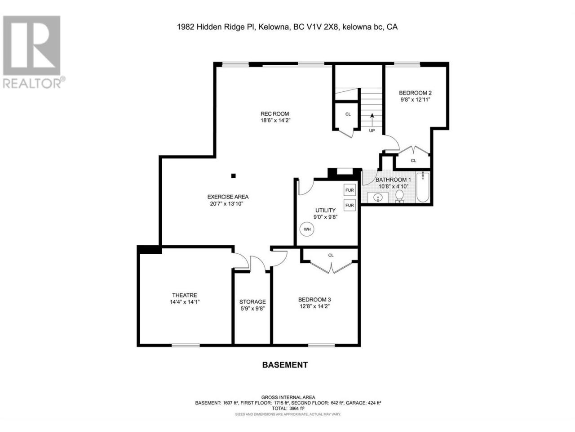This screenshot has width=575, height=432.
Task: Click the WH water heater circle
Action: coord(307,229)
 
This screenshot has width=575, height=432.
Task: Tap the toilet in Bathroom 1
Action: coord(399,196)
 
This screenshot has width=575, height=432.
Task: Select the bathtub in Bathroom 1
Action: coord(423,187)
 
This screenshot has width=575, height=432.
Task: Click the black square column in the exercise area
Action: coord(233,176)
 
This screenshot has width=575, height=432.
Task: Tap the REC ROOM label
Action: coord(274,114)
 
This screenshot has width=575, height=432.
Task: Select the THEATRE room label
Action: coord(185,295)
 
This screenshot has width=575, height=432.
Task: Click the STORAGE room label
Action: coord(252,302)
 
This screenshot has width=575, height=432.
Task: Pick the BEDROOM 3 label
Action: coord(314,300)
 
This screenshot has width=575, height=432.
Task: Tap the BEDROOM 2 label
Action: coord(415,93)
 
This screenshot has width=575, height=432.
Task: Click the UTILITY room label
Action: coord(325,210)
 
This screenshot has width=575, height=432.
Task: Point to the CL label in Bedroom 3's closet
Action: coord(331,255)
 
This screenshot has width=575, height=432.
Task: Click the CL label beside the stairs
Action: coord(348,114)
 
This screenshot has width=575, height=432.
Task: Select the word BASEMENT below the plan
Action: coord(285,365)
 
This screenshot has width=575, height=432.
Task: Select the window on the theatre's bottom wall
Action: coord(186,345)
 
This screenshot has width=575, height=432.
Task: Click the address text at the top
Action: coord(287,27)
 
